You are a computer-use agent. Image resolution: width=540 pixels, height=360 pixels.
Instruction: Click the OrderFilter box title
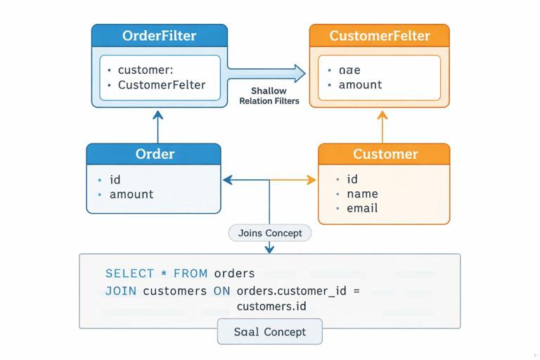coord(159,36)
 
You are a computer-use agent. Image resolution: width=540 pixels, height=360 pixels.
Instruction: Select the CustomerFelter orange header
coord(379,36)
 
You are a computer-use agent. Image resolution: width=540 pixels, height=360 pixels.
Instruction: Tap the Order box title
coord(155,154)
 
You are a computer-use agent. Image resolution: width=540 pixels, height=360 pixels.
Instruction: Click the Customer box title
coord(385,154)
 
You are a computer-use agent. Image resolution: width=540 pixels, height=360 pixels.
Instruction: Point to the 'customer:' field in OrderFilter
coord(146,70)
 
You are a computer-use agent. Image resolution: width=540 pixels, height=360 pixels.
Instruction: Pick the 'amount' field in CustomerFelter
coord(360,84)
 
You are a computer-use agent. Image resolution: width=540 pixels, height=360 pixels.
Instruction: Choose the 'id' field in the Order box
coord(115,179)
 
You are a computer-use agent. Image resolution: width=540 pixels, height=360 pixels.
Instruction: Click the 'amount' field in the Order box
coord(131,194)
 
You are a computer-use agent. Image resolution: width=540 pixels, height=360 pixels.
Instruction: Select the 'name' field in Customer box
coord(362,193)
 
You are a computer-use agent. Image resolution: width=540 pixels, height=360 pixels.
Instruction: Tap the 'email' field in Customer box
coord(362,208)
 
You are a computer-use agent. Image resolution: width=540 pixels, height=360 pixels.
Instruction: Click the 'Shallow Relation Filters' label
coord(269,96)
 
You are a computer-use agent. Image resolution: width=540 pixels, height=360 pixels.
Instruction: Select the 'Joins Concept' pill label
coord(270,233)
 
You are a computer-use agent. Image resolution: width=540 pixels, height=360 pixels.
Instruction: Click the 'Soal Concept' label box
coord(270,332)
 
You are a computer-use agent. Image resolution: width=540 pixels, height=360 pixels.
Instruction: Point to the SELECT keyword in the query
coord(129,273)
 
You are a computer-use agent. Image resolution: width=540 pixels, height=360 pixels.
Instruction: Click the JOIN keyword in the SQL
coord(121,290)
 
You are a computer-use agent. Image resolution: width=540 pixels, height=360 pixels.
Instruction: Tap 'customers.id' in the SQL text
coord(271,306)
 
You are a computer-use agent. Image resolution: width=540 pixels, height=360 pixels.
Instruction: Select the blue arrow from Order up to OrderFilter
coord(157,126)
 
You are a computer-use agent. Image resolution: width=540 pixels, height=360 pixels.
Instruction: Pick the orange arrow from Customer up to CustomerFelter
coord(382,126)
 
